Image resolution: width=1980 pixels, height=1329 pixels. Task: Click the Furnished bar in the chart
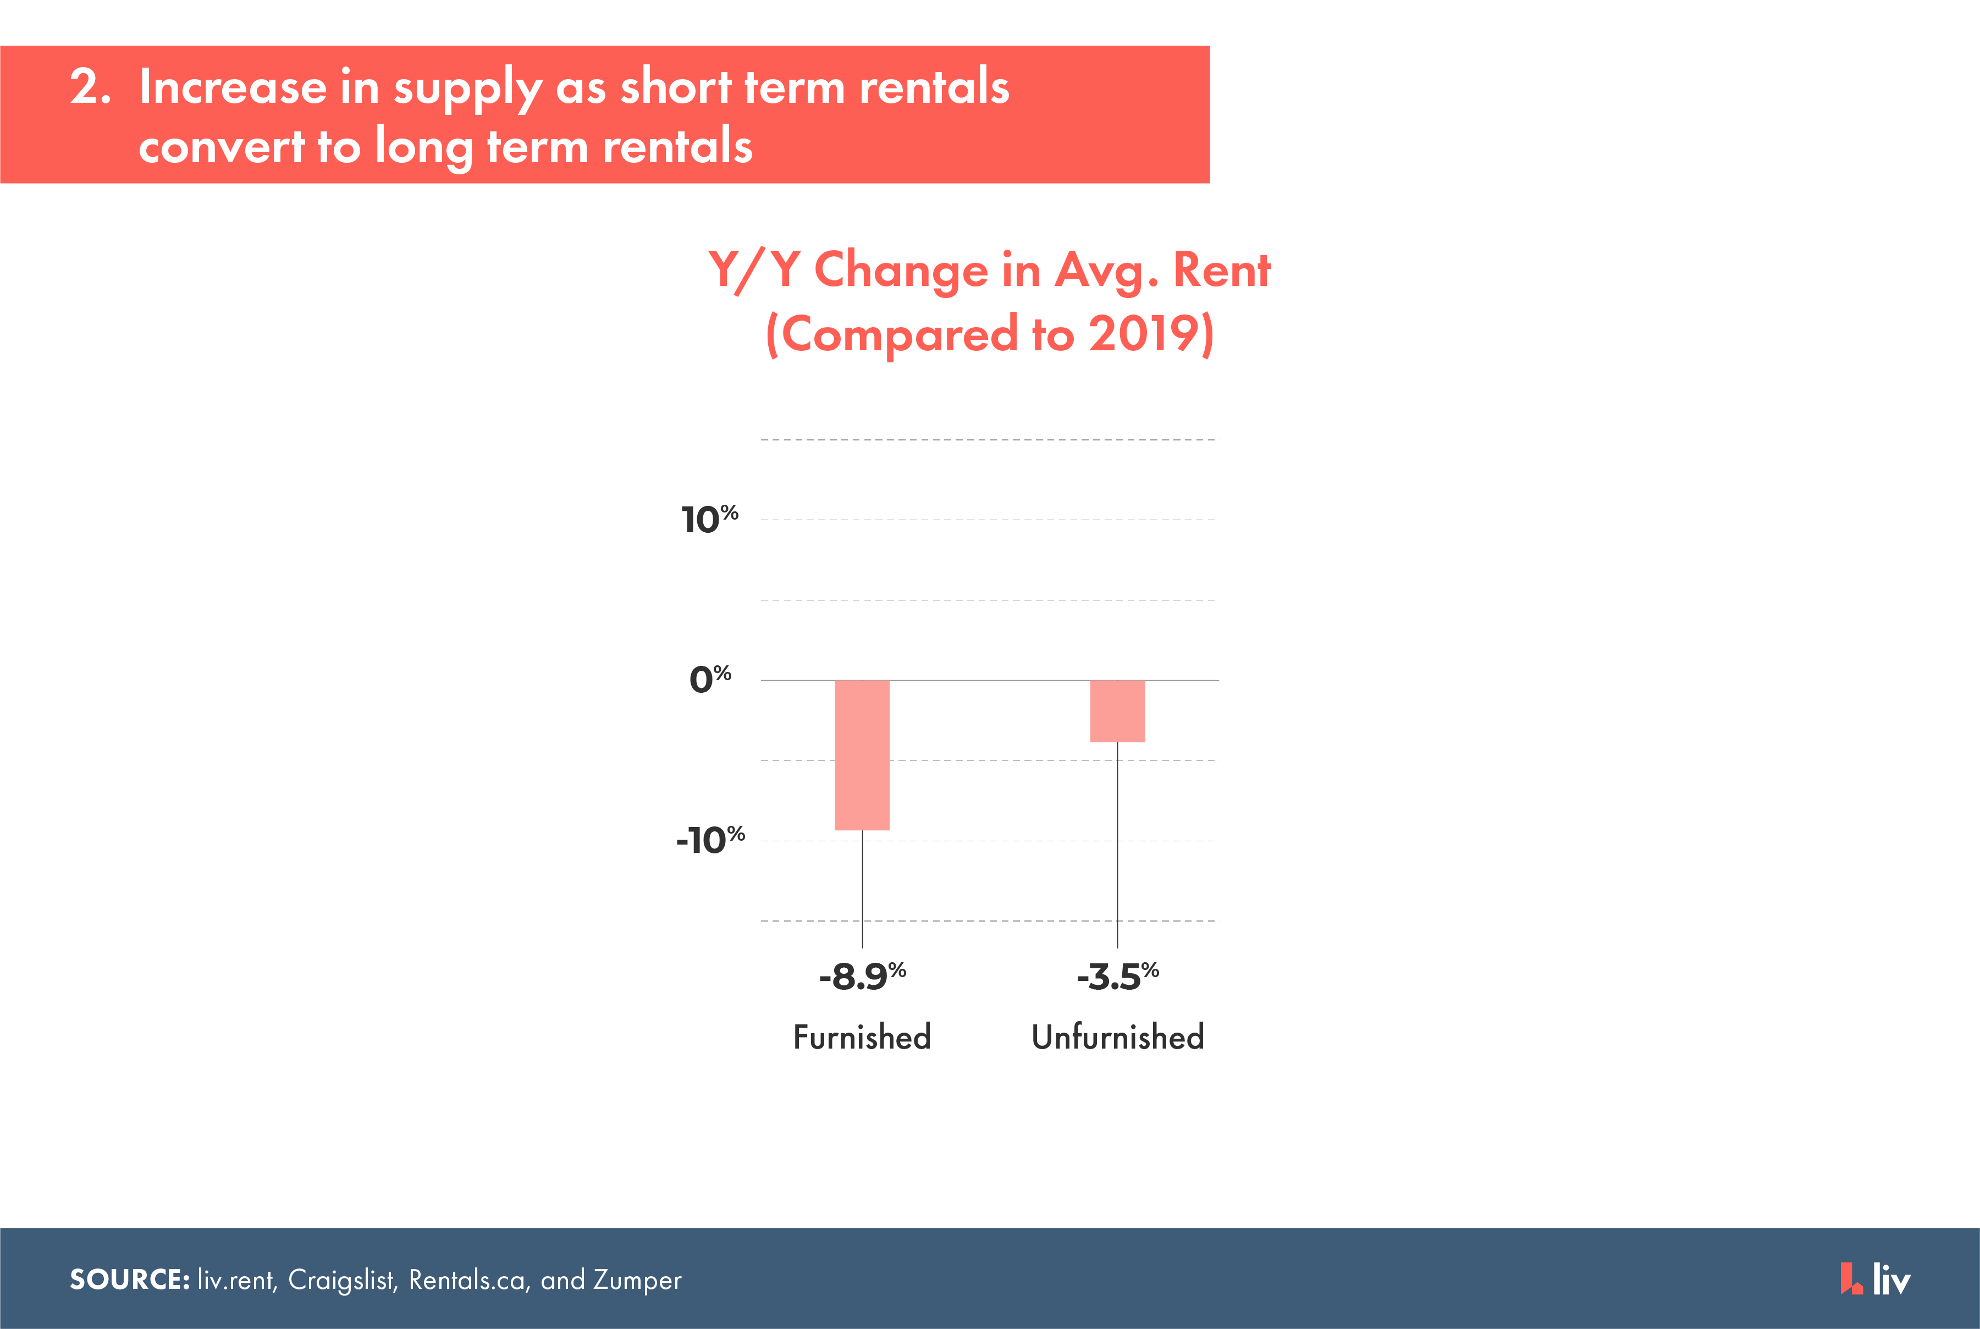862,755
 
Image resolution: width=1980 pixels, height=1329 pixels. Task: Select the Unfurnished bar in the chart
1117,711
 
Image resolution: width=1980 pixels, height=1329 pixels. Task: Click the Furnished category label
862,1036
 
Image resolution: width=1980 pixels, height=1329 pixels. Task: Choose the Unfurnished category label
1118,1036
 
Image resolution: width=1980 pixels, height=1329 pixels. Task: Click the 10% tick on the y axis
709,519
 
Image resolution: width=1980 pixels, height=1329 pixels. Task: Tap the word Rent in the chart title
1221,271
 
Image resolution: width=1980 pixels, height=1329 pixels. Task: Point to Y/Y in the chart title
755,271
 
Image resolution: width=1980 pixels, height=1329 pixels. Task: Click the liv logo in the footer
1875,1279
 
